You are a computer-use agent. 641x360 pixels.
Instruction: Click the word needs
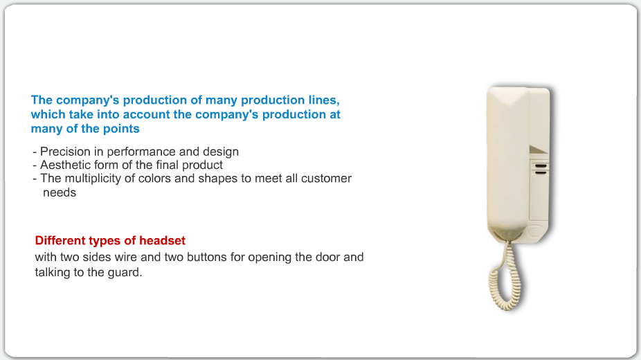[x=60, y=192]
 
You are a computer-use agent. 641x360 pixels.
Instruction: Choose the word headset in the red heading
[x=162, y=240]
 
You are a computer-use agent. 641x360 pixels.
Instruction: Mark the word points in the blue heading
[x=121, y=129]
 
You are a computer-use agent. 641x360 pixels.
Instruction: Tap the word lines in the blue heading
[x=323, y=100]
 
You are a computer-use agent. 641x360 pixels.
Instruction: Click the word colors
[x=154, y=178]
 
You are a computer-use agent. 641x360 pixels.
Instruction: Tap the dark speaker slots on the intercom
[x=541, y=169]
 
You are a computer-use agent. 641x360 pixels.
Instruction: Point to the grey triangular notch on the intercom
[x=538, y=150]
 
